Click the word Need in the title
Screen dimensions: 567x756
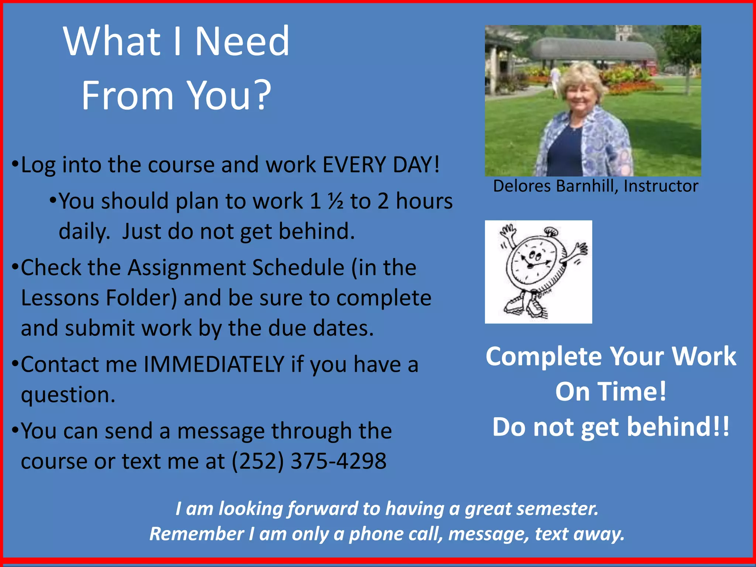point(242,41)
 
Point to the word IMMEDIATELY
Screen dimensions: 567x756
point(214,365)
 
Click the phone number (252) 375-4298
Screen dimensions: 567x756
point(309,461)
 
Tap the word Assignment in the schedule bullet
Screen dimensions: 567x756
point(186,268)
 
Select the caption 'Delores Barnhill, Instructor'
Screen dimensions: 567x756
point(595,186)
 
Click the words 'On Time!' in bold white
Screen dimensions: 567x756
point(611,392)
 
